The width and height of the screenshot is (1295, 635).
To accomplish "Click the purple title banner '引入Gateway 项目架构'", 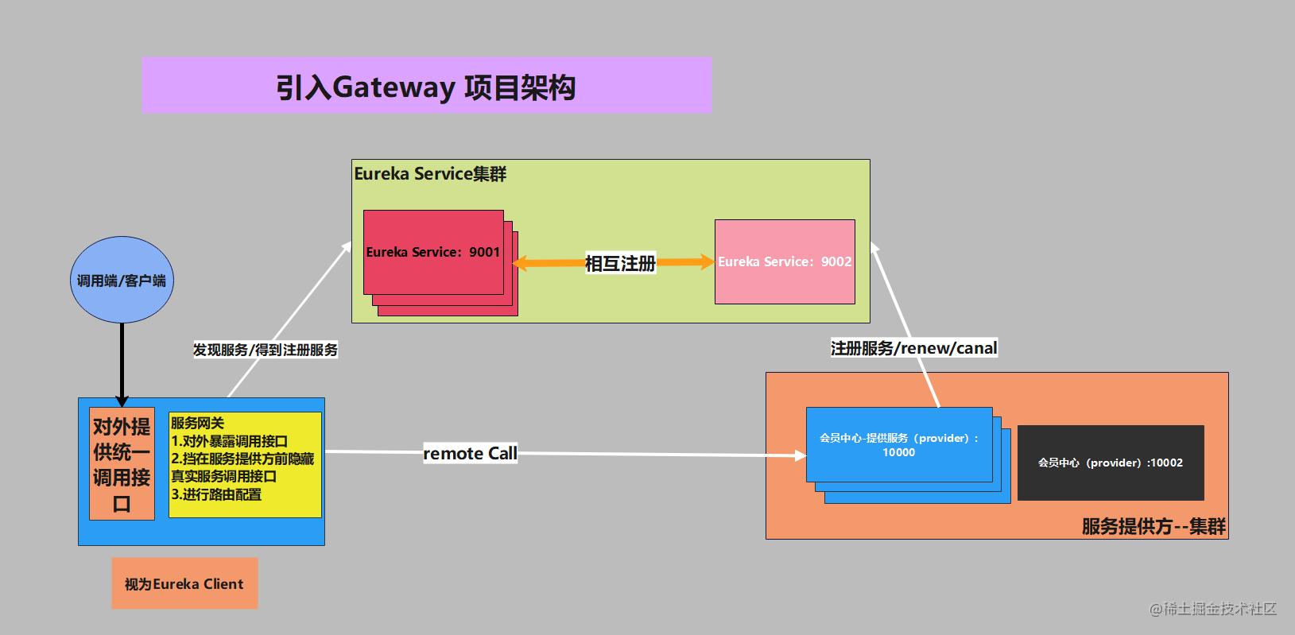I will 426,86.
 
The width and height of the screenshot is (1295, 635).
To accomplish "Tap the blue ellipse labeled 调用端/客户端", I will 122,280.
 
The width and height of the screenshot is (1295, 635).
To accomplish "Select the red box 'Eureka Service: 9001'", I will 433,252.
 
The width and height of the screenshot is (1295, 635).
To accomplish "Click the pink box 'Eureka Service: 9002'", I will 785,261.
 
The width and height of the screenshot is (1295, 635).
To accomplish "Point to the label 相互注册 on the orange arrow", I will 620,263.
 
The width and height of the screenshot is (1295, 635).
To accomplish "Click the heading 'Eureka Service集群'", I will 430,174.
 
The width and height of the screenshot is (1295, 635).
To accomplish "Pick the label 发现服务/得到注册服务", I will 266,350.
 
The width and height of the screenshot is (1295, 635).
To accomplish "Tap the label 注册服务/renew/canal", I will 913,348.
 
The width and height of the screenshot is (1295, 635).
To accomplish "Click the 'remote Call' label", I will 470,453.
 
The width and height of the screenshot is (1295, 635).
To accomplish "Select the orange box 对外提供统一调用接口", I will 122,464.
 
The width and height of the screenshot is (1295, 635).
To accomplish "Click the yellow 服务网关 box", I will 245,465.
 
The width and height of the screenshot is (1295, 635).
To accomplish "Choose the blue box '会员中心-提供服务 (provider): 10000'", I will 899,445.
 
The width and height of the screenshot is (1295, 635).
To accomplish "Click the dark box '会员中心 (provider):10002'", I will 1111,463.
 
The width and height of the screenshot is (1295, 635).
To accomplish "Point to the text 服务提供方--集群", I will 1153,526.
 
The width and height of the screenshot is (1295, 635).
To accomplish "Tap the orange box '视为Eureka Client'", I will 184,583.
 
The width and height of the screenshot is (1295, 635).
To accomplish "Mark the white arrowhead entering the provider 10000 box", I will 801,455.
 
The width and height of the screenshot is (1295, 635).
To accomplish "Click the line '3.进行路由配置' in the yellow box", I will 216,494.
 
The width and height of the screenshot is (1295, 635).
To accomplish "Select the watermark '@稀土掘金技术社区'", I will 1213,609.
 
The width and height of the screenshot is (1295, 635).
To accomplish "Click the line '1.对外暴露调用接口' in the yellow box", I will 229,441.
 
